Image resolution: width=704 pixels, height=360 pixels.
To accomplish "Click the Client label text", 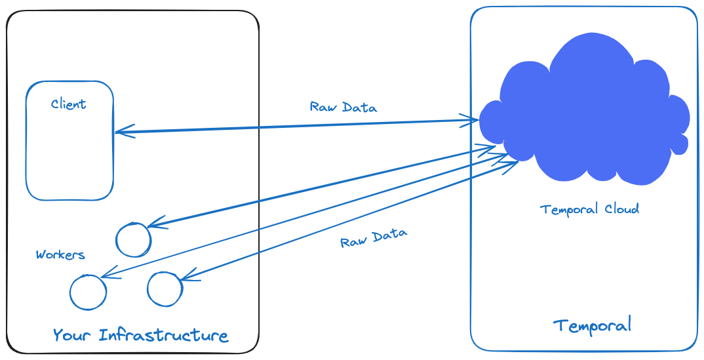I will click(68, 104).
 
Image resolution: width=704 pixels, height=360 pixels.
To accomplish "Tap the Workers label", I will click(60, 254).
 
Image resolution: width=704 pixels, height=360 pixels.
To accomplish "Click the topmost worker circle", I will click(133, 240).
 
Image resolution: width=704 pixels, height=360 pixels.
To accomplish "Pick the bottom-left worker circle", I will click(88, 292).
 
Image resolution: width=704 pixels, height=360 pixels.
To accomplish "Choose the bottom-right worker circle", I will click(164, 289).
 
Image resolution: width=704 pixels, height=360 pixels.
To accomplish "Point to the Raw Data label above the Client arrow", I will click(343, 107).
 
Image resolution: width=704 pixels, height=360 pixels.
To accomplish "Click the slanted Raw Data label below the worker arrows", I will click(374, 238).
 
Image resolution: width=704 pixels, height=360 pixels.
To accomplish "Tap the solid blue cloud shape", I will click(583, 118).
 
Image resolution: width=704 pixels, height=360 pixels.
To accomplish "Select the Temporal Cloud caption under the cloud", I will click(589, 209).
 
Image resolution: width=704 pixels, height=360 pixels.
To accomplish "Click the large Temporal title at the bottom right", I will click(592, 325).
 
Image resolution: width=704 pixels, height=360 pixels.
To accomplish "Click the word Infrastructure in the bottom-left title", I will click(163, 335).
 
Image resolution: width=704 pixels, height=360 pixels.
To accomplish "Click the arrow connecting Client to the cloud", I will click(295, 127).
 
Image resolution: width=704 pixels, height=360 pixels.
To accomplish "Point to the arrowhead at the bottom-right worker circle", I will click(187, 277).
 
